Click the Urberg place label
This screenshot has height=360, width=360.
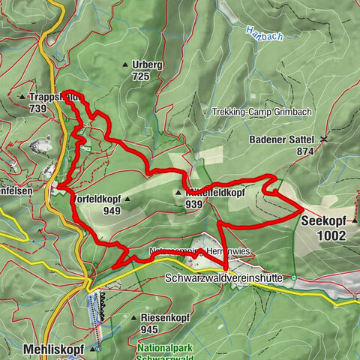pos(147,65)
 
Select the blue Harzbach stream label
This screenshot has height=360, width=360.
pos(259,31)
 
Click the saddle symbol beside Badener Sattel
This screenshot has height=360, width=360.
pos(323,139)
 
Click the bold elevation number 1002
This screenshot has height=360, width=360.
pos(331,235)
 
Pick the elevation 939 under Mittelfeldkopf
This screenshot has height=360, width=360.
pos(194,204)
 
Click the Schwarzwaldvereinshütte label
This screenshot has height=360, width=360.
pos(223,278)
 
